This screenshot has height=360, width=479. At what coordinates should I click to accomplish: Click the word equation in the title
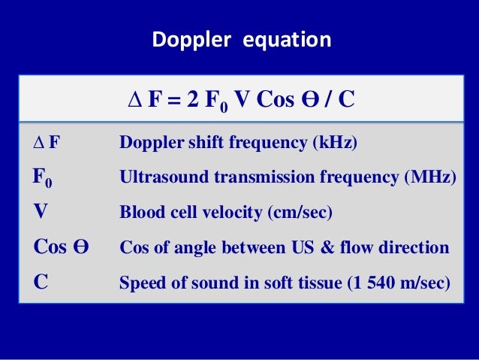click(286, 40)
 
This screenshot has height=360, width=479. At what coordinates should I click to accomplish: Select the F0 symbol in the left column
click(43, 179)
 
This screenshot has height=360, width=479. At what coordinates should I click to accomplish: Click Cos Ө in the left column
click(62, 248)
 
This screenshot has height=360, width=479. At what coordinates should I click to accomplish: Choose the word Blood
click(139, 213)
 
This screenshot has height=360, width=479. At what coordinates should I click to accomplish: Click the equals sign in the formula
click(173, 100)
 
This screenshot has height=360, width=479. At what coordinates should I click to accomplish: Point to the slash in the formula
click(328, 100)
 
